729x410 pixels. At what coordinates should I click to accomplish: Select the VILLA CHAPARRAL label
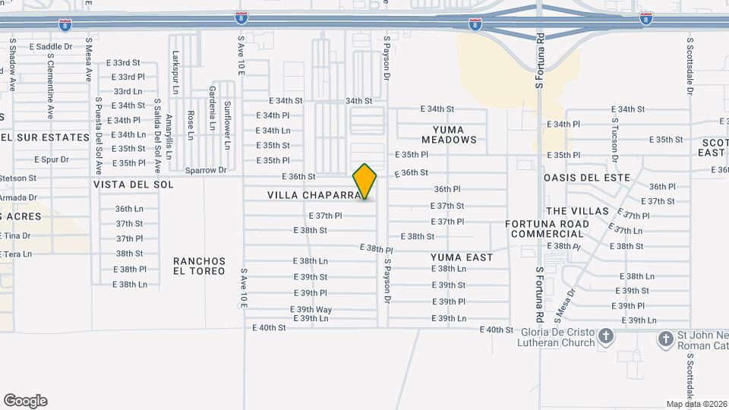tap(311, 196)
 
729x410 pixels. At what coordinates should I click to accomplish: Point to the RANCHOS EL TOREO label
tap(199, 265)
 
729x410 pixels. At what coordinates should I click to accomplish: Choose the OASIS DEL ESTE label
tap(586, 178)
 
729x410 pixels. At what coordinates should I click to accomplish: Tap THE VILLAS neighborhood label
tap(577, 210)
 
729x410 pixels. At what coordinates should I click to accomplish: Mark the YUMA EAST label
tap(462, 257)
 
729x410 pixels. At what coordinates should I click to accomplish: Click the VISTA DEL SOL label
tap(134, 184)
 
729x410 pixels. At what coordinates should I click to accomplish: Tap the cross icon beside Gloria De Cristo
tap(606, 336)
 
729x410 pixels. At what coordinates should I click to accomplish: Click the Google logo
tap(25, 401)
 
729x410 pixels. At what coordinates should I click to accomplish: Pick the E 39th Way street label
tap(311, 309)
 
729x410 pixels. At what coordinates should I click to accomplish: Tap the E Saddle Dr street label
tap(52, 47)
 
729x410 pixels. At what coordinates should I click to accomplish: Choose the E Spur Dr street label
tap(52, 159)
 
